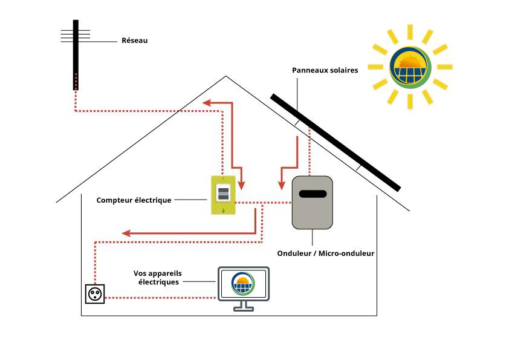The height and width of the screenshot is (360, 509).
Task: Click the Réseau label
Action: (135, 41)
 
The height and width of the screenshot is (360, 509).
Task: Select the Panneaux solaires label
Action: (325, 70)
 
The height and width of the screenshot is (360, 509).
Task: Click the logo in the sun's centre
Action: (410, 67)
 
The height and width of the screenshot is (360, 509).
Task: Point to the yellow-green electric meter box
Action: (223, 195)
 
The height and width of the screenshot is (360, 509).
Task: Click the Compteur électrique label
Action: (134, 200)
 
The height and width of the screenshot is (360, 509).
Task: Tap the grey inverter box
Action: (313, 203)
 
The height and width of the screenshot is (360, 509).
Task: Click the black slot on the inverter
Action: (313, 194)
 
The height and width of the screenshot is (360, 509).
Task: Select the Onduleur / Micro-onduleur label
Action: (325, 253)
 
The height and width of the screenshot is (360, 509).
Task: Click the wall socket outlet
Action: (95, 294)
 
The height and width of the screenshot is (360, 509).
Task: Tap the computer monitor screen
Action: (243, 283)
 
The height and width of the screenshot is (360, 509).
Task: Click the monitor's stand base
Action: (243, 309)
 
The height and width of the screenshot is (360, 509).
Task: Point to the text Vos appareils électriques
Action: (156, 278)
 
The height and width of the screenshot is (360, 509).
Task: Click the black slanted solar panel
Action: (336, 142)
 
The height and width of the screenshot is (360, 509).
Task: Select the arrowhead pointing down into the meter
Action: (241, 184)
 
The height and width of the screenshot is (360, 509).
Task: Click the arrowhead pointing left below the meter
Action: (126, 233)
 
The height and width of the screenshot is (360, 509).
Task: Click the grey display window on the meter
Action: (223, 194)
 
